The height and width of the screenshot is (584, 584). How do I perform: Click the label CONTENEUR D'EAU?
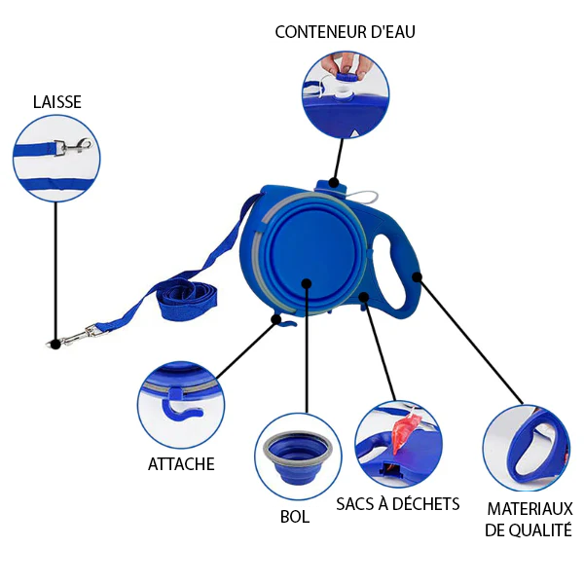pyautogui.click(x=345, y=32)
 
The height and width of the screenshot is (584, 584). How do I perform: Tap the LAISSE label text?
pyautogui.click(x=57, y=102)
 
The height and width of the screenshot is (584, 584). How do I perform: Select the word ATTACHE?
pyautogui.click(x=181, y=464)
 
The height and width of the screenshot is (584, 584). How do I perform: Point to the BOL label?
pyautogui.click(x=295, y=517)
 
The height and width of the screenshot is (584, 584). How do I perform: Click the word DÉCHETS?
pyautogui.click(x=425, y=503)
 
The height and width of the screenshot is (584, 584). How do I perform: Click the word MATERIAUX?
pyautogui.click(x=530, y=509)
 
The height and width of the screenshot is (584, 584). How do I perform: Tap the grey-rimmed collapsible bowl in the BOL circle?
pyautogui.click(x=298, y=457)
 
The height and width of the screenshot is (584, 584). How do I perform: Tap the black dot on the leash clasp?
pyautogui.click(x=55, y=345)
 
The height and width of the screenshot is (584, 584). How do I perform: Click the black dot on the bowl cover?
pyautogui.click(x=307, y=284)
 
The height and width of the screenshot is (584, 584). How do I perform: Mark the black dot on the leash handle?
pyautogui.click(x=418, y=276)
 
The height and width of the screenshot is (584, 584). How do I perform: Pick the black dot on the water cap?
pyautogui.click(x=334, y=183)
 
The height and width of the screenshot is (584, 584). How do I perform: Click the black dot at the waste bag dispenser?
pyautogui.click(x=364, y=297)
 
